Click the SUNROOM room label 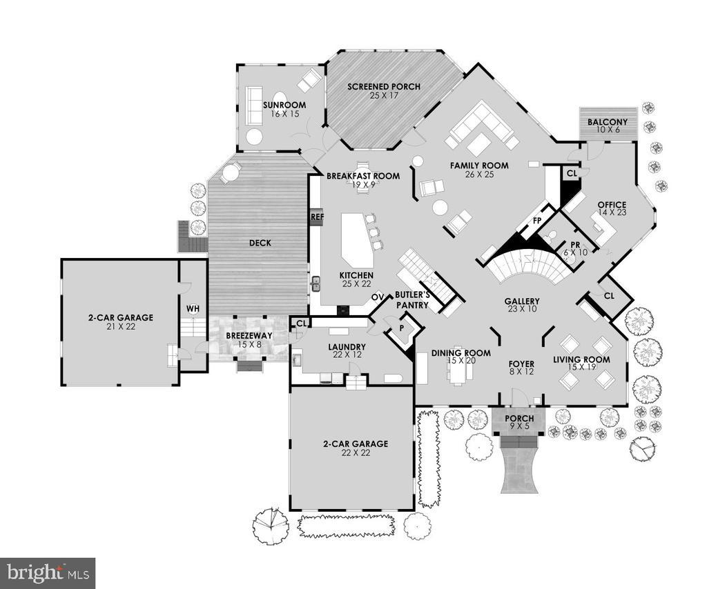[284, 105]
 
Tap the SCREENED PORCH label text [384, 86]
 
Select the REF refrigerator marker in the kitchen [317, 217]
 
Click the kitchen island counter [357, 239]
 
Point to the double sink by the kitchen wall [316, 284]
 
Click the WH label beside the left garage [193, 309]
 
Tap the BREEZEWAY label [249, 335]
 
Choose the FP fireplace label [537, 221]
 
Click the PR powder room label [575, 245]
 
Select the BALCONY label [608, 122]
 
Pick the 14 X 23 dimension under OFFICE [612, 212]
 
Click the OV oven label [378, 297]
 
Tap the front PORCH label [519, 419]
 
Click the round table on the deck [229, 172]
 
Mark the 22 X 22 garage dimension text [356, 452]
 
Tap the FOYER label [521, 364]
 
